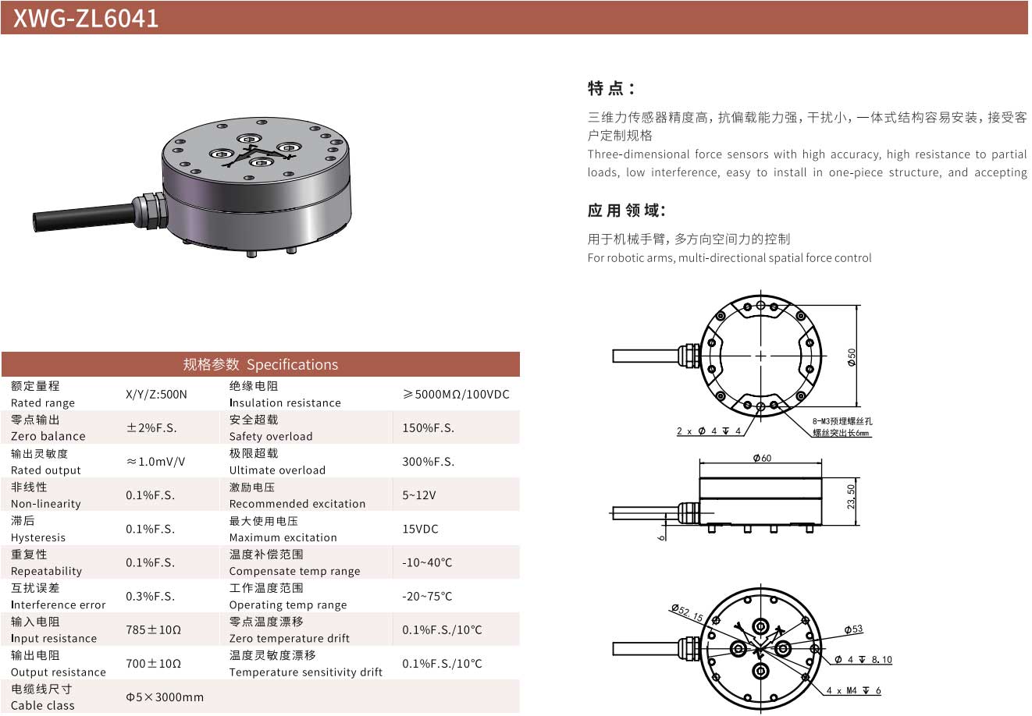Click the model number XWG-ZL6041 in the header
point(86,19)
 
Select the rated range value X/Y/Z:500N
point(156,395)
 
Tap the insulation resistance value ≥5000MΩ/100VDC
point(456,395)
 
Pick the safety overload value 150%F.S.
point(428,428)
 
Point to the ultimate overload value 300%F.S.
point(428,462)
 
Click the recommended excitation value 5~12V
point(418,495)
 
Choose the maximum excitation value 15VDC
point(420,529)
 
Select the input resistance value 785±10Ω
point(154,630)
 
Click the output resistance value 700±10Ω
point(154,664)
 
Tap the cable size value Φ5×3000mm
point(165,697)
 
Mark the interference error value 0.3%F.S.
point(150,597)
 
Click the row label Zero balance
point(48,436)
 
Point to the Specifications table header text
point(260,365)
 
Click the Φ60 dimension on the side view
point(762,458)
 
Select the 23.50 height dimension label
point(851,496)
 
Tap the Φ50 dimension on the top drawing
point(852,357)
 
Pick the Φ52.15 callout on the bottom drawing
point(687,612)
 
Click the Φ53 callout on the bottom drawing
point(853,629)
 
